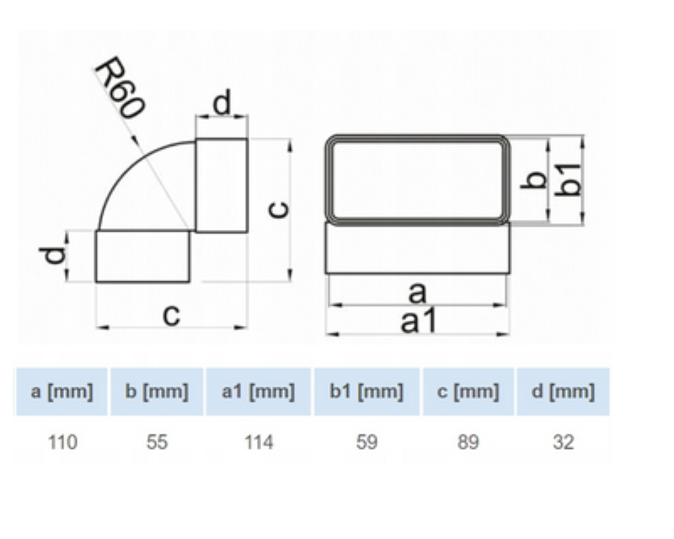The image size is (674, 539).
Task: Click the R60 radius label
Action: [x=120, y=88]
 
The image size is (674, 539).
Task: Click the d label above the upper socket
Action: [x=222, y=102]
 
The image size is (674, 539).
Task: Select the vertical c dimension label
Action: [x=279, y=210]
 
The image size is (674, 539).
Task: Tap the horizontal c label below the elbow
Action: [x=172, y=315]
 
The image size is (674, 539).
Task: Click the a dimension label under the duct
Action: [x=417, y=293]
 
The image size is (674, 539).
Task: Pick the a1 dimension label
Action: [x=418, y=321]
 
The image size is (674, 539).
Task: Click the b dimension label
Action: [x=533, y=179]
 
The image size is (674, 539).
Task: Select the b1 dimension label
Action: [x=568, y=179]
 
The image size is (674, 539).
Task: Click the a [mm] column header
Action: [x=62, y=392]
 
